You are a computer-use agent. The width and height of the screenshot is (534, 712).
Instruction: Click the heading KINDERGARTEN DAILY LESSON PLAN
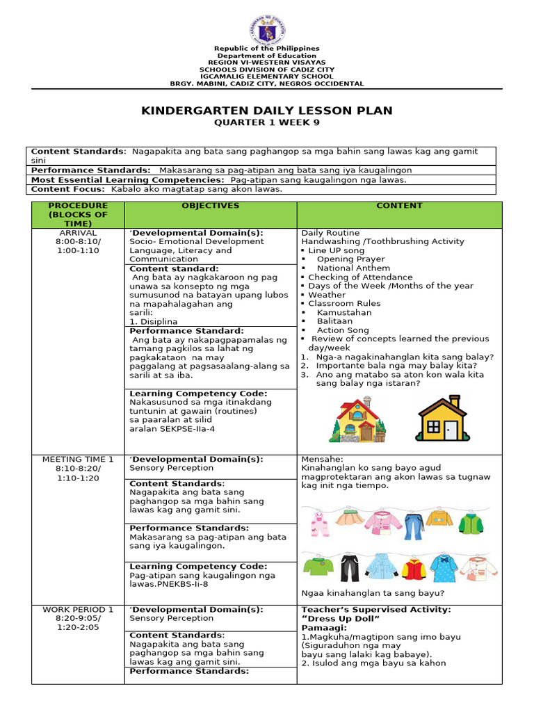click(x=267, y=111)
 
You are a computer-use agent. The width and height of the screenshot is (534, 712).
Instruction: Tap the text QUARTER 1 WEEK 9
click(x=267, y=123)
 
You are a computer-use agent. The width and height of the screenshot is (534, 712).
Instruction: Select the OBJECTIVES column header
click(x=210, y=206)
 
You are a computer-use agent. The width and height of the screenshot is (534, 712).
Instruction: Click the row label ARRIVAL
click(x=79, y=233)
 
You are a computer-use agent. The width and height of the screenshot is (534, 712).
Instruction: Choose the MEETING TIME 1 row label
click(x=79, y=460)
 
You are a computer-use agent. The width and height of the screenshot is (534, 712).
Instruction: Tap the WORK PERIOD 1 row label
click(x=79, y=610)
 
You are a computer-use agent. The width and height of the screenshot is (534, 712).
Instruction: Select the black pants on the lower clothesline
click(x=349, y=568)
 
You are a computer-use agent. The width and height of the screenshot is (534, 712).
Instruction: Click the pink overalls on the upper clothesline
click(x=319, y=524)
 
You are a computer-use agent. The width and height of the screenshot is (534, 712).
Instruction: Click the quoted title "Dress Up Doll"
click(x=341, y=619)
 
